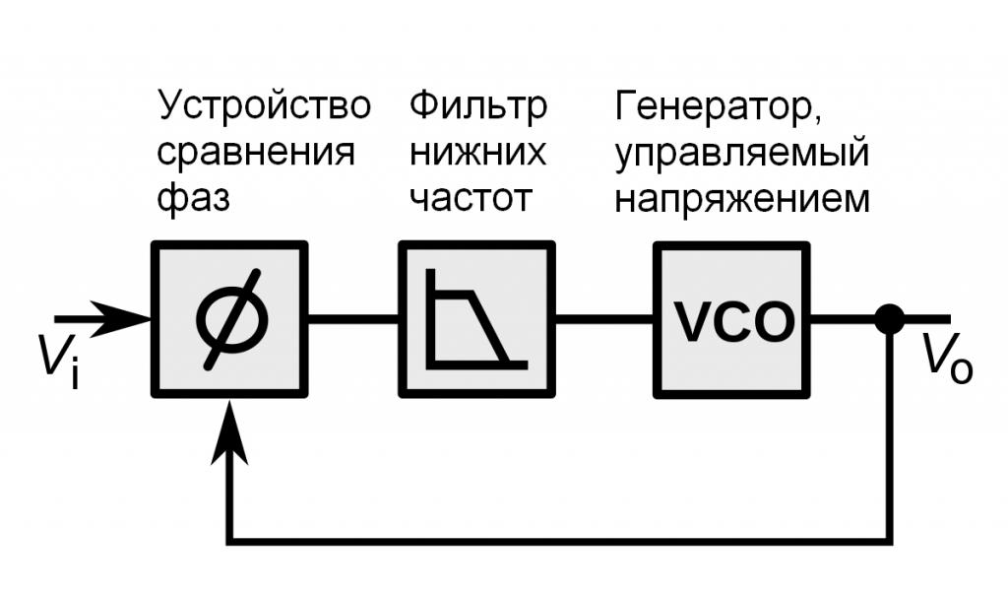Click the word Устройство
[x=266, y=105]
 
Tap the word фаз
[x=194, y=200]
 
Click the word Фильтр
[x=478, y=105]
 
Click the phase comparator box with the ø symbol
[x=229, y=318]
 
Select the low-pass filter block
[x=476, y=318]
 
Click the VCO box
[x=731, y=318]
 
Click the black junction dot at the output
[x=890, y=318]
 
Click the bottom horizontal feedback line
[x=561, y=540]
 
